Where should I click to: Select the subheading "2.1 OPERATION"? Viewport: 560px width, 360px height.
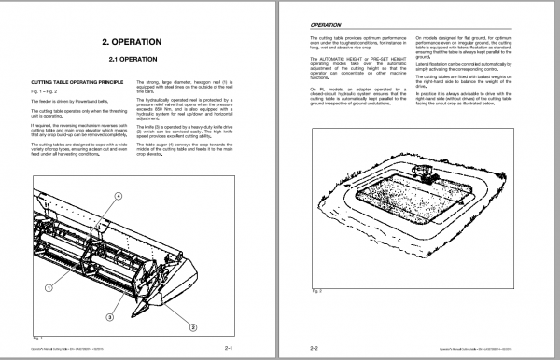tap(140, 62)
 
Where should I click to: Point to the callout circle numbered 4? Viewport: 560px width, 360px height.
tap(119, 195)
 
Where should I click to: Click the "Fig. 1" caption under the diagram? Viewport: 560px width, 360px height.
tap(37, 335)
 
